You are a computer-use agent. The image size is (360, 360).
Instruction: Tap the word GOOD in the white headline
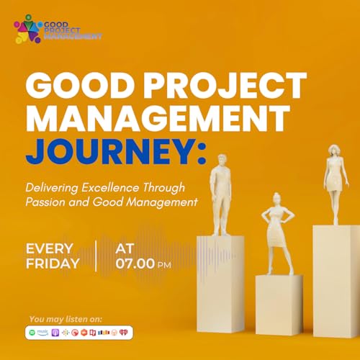78,88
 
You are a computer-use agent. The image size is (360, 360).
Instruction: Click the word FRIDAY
53,264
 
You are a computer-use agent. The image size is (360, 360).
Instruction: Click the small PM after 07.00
164,265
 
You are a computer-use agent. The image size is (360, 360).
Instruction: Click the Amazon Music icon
45,332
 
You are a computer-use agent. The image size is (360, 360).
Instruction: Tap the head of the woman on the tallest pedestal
333,150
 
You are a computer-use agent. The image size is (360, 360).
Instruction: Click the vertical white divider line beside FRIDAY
95,256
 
